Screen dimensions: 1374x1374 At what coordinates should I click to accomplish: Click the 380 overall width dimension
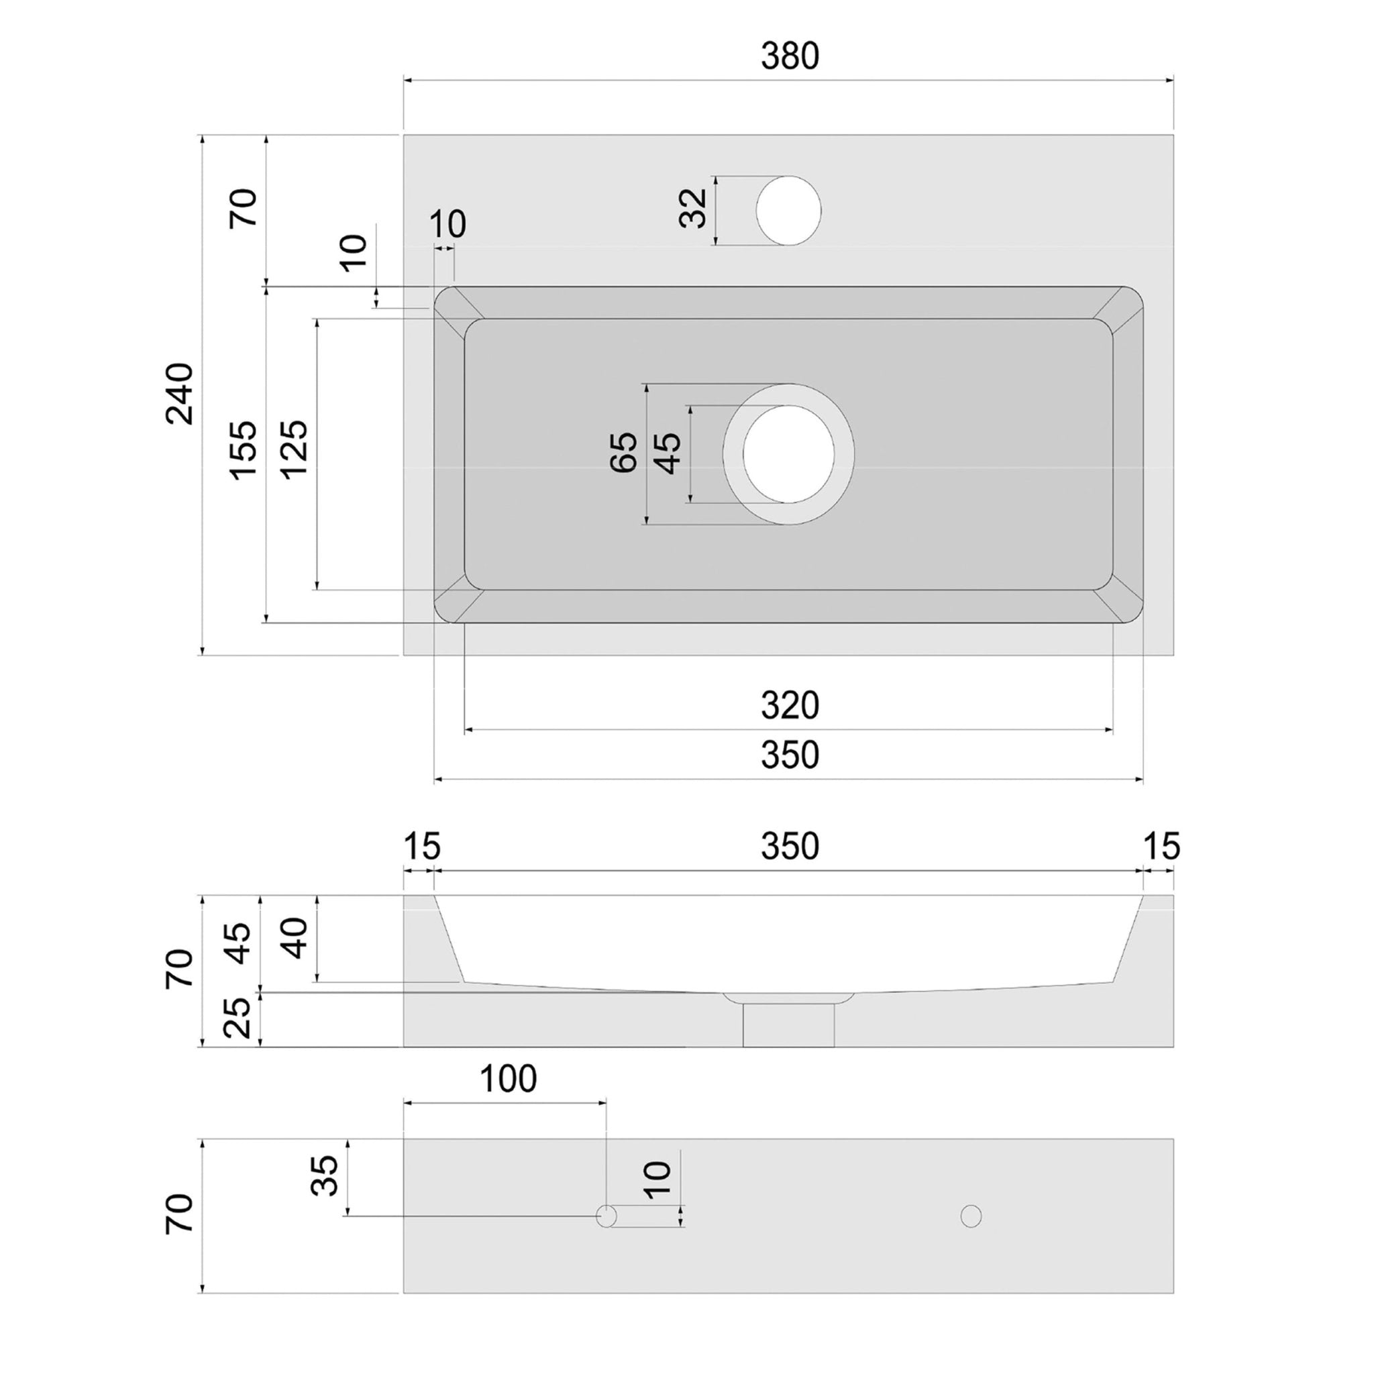click(790, 56)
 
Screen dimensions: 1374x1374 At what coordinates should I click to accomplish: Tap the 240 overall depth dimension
click(180, 393)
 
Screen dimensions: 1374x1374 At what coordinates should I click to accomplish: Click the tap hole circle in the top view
click(788, 211)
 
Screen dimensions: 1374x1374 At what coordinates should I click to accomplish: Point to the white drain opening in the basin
click(788, 454)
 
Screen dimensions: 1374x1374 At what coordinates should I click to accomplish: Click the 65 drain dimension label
click(625, 452)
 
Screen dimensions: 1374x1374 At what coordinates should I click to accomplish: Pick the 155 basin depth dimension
click(244, 450)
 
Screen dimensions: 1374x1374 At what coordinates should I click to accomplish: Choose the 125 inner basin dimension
click(295, 450)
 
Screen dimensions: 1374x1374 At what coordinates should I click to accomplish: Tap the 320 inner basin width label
click(790, 706)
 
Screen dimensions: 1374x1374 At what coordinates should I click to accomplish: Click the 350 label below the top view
click(790, 755)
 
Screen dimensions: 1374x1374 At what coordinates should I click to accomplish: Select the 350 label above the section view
click(790, 846)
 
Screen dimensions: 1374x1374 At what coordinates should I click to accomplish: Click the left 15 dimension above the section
click(423, 846)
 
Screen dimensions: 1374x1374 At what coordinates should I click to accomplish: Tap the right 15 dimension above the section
click(1161, 846)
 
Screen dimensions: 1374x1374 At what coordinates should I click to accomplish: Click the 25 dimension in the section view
click(238, 1018)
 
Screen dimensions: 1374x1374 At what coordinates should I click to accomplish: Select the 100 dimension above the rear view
click(508, 1079)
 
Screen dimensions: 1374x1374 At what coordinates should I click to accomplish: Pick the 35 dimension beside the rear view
click(325, 1175)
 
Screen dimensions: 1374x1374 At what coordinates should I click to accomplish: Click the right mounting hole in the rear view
click(971, 1216)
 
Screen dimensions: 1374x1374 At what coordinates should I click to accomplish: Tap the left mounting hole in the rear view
click(606, 1216)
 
